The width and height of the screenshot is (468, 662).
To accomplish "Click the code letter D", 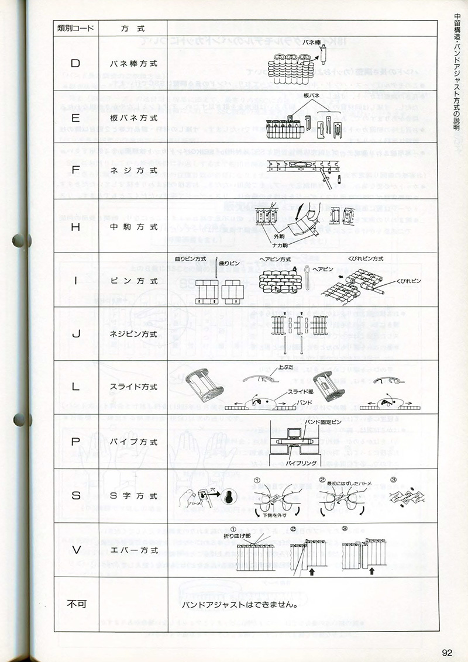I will [75, 62].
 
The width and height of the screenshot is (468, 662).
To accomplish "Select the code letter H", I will [75, 227].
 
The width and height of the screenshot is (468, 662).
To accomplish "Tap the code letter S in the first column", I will [75, 496].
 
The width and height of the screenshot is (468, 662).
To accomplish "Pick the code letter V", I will [75, 550].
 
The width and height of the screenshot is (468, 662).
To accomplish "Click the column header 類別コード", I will [75, 28].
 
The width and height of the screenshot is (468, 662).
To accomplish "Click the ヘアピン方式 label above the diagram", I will [276, 258].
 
